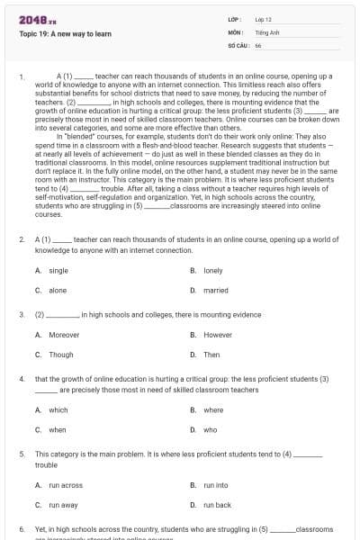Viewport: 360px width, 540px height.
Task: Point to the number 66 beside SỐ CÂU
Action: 258,44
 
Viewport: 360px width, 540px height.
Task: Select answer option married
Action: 215,291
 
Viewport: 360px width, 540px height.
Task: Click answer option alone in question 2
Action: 57,291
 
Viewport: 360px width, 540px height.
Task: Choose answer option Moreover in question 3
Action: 63,335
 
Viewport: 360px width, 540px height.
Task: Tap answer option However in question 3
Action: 217,335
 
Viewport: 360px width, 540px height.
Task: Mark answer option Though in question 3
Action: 60,355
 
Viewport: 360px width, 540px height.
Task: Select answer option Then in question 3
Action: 211,355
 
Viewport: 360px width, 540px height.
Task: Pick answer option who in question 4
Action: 210,430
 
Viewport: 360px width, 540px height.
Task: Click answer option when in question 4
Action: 57,430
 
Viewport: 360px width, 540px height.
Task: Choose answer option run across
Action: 65,485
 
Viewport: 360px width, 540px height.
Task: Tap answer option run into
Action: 215,485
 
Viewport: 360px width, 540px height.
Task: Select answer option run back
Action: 217,505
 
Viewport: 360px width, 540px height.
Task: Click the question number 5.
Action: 22,454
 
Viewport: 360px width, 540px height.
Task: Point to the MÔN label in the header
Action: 233,31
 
